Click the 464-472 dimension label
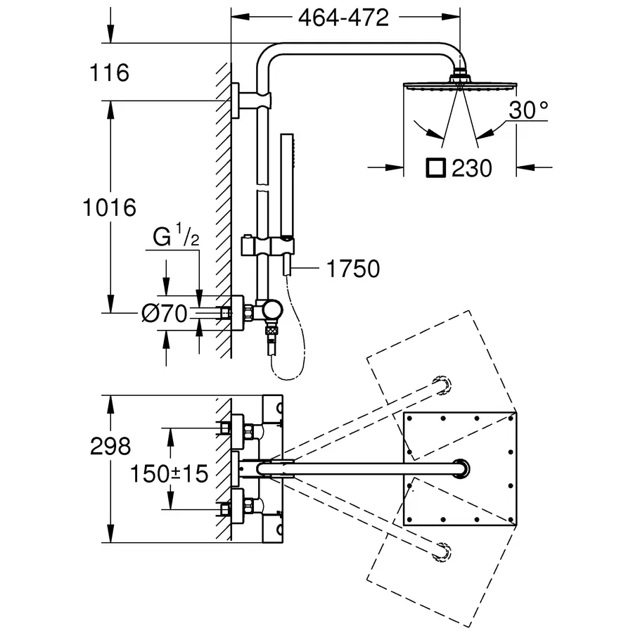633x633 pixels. tap(343, 18)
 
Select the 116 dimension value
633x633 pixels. tap(110, 72)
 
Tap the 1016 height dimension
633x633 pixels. tap(108, 207)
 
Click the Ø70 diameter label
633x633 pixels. tap(165, 314)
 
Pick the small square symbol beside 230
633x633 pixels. tap(435, 167)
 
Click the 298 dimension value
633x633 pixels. tap(110, 446)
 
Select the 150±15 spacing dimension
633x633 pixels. tap(169, 473)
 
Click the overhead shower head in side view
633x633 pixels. tap(460, 85)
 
